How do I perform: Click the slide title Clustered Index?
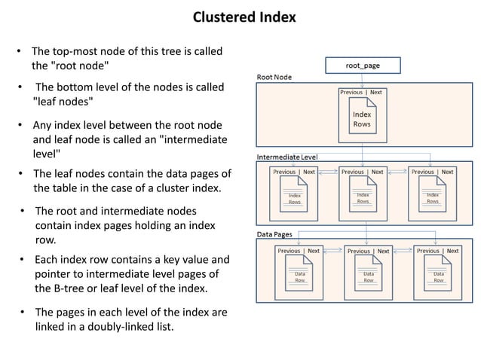tap(244, 17)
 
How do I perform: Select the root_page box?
tap(362, 66)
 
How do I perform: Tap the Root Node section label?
tap(274, 77)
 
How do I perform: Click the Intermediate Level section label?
tap(287, 156)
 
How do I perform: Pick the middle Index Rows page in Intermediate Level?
tap(363, 197)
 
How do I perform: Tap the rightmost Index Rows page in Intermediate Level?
tap(432, 197)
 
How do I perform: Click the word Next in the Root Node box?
tap(375, 93)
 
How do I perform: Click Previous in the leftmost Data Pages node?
tap(289, 251)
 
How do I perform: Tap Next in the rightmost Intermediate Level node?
tap(447, 172)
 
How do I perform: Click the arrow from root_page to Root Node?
tap(362, 78)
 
